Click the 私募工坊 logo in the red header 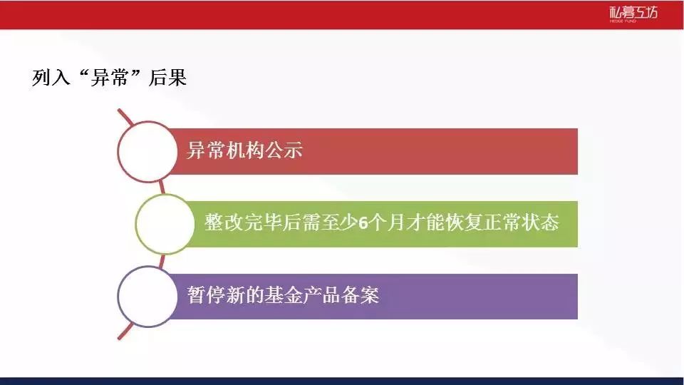pyautogui.click(x=633, y=14)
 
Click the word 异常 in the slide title pyautogui.click(x=110, y=78)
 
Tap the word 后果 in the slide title pyautogui.click(x=167, y=78)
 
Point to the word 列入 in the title pyautogui.click(x=51, y=78)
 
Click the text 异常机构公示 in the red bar pyautogui.click(x=244, y=150)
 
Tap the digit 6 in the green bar pyautogui.click(x=363, y=223)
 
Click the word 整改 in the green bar pyautogui.click(x=224, y=222)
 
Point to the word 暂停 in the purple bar pyautogui.click(x=207, y=295)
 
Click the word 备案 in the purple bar pyautogui.click(x=360, y=295)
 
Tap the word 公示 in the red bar pyautogui.click(x=284, y=150)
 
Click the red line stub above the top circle pyautogui.click(x=125, y=117)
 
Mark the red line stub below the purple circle pyautogui.click(x=125, y=331)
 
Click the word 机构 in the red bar pyautogui.click(x=244, y=150)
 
